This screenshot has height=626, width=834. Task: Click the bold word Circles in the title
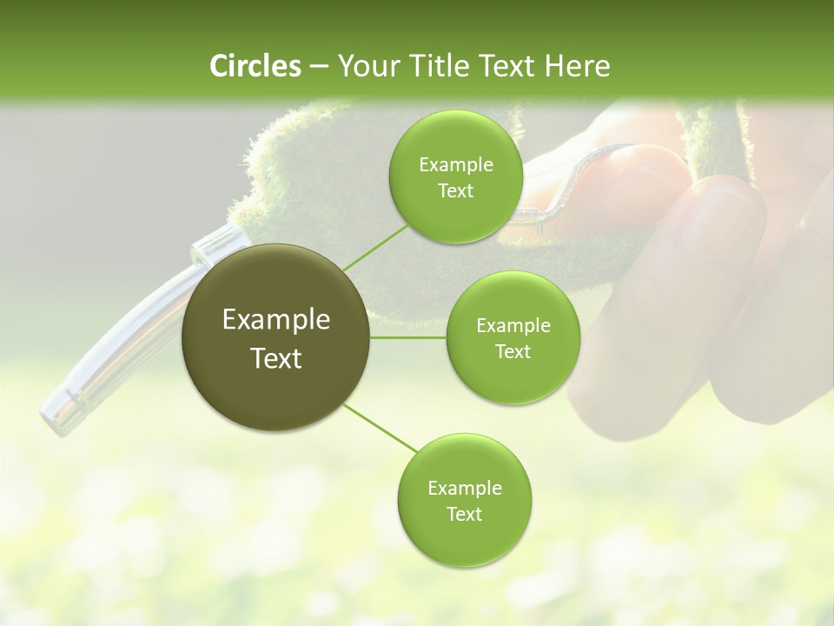tap(255, 66)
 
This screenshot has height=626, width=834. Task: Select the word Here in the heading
tap(577, 66)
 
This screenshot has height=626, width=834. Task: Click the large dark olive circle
tap(276, 338)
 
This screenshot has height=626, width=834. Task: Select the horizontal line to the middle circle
tap(408, 337)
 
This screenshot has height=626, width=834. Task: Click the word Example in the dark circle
tap(276, 320)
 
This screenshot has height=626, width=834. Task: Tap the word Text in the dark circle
tap(276, 358)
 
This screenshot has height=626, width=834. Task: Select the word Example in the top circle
tap(455, 165)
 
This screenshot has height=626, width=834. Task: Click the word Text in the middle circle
tap(513, 351)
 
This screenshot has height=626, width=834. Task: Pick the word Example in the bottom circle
tap(464, 489)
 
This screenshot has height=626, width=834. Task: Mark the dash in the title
tap(318, 66)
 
